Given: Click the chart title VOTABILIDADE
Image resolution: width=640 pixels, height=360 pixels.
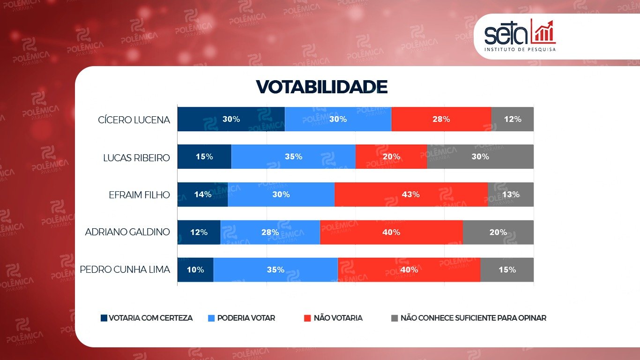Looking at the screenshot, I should [321, 87].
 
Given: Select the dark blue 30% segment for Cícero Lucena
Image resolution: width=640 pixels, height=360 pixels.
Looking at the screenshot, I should [231, 119].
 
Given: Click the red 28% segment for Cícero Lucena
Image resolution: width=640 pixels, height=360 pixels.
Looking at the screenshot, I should [441, 119].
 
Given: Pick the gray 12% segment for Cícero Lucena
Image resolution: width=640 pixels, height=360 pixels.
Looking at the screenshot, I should [512, 119].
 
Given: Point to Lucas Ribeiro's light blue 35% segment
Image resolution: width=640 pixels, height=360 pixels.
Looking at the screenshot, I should [293, 157].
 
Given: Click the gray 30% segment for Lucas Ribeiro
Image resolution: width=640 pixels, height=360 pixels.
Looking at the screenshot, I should [480, 157].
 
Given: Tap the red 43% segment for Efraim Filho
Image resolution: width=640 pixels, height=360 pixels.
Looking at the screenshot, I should [411, 195].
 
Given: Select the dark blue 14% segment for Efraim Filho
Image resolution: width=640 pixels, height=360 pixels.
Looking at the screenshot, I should [202, 195].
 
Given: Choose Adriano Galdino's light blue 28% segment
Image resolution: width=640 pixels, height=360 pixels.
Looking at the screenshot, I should [270, 232].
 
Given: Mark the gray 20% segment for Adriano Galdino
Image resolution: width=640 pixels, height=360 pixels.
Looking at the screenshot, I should [498, 232].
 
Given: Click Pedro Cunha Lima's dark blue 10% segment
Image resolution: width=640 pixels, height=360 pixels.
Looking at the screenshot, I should [195, 270].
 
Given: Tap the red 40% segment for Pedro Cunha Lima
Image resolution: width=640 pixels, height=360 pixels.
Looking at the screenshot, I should [409, 270].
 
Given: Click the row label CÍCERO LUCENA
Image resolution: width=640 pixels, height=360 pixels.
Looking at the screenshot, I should [134, 120].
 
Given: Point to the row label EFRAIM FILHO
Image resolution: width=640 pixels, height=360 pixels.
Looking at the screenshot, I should [139, 195].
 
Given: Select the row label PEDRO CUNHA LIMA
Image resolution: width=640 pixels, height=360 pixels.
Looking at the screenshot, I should [125, 270].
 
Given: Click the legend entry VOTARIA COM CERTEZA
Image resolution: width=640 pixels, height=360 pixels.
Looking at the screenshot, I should [146, 318].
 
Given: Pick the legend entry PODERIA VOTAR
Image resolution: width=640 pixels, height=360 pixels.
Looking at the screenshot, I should [241, 318].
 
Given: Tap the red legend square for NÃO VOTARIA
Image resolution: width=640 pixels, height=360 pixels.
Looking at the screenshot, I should [307, 318].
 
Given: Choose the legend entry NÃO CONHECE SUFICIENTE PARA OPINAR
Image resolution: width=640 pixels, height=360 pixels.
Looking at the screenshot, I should [469, 318].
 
